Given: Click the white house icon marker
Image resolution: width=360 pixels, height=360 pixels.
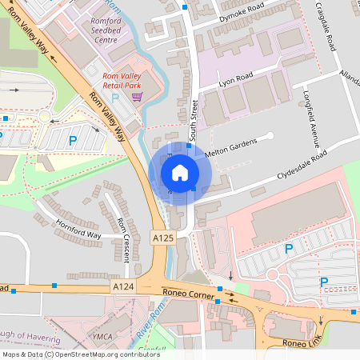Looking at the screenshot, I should [x=180, y=173].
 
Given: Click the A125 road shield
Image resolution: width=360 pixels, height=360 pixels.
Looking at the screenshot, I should [x=162, y=238].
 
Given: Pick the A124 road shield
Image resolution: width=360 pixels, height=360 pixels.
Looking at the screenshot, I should [x=122, y=286].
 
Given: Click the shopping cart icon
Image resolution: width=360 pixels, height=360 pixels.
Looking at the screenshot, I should [x=137, y=97].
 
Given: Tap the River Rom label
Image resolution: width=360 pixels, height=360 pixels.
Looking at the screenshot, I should [x=143, y=324].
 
